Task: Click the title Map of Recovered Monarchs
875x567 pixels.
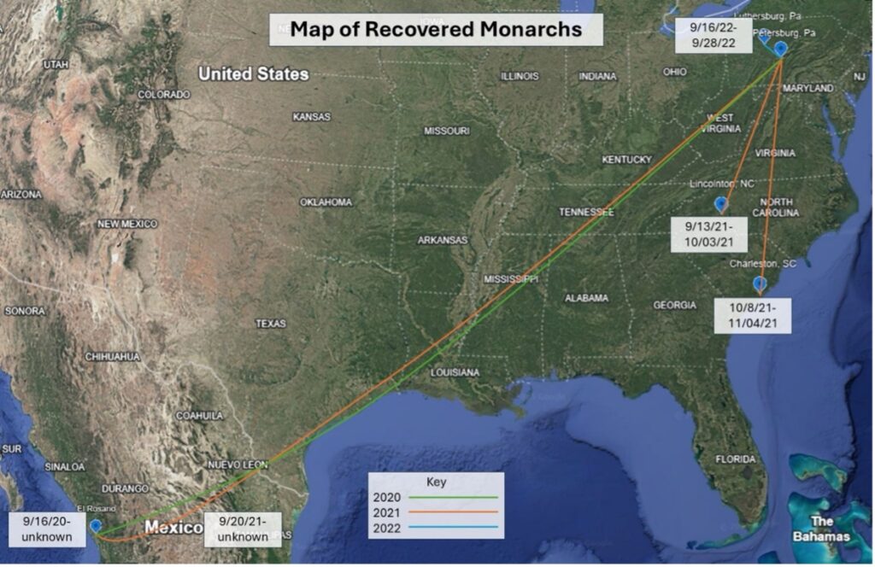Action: click(x=436, y=29)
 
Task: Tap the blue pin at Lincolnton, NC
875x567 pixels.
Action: click(x=720, y=204)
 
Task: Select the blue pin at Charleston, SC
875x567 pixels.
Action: click(x=760, y=284)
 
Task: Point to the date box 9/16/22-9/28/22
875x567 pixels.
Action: click(x=719, y=36)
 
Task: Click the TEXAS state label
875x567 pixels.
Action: click(x=270, y=324)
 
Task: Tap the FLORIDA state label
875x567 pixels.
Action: click(x=736, y=459)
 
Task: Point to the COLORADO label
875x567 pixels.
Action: click(x=163, y=94)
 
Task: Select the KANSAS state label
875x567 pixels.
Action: click(x=311, y=117)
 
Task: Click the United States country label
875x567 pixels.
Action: click(x=253, y=74)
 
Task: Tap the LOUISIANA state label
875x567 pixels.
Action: click(x=455, y=373)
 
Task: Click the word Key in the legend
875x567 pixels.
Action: click(x=436, y=482)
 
